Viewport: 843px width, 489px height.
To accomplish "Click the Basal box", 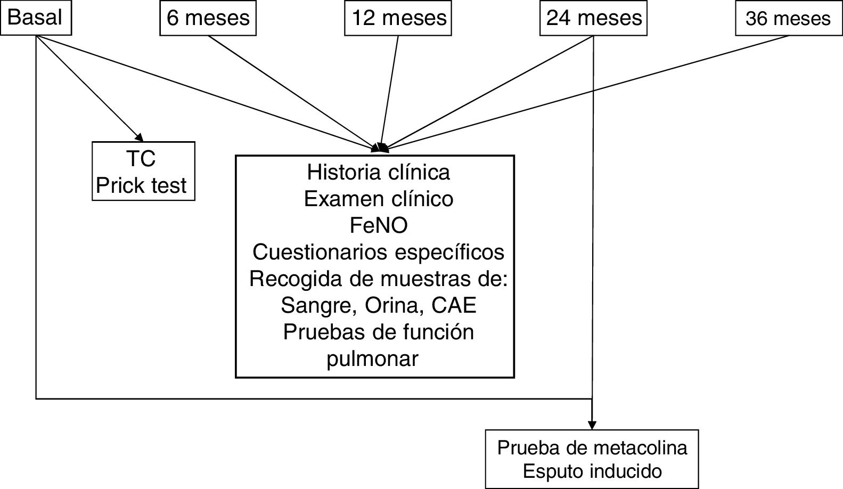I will click(35, 18).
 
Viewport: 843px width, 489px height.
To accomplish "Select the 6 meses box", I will click(208, 19).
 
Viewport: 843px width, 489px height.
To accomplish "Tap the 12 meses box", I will click(398, 19).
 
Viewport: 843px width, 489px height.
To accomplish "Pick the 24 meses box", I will click(593, 19).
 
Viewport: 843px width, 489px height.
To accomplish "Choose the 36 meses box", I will click(788, 19).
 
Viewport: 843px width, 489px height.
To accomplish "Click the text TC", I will click(142, 159).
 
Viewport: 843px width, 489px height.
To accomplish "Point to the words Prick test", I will click(142, 185).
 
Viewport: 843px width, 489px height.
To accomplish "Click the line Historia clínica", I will click(378, 172).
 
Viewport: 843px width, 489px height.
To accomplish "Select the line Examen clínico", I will click(378, 199).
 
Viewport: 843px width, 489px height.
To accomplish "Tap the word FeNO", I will click(378, 225).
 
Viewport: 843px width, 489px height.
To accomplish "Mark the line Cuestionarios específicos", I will click(378, 251).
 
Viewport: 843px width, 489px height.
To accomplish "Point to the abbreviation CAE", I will click(454, 305).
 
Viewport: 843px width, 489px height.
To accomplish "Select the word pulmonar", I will click(372, 359).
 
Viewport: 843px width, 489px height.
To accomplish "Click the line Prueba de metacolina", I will click(592, 448).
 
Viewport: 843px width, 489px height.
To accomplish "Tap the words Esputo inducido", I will click(592, 471).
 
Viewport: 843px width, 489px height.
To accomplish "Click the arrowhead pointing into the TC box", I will click(139, 137).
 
